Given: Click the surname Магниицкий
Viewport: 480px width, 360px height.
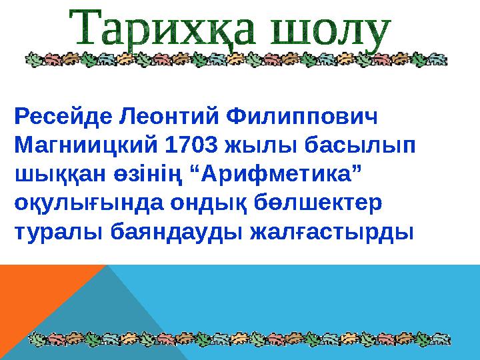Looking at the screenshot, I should pos(86,145).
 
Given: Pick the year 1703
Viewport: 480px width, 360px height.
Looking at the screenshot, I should pos(193,145).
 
